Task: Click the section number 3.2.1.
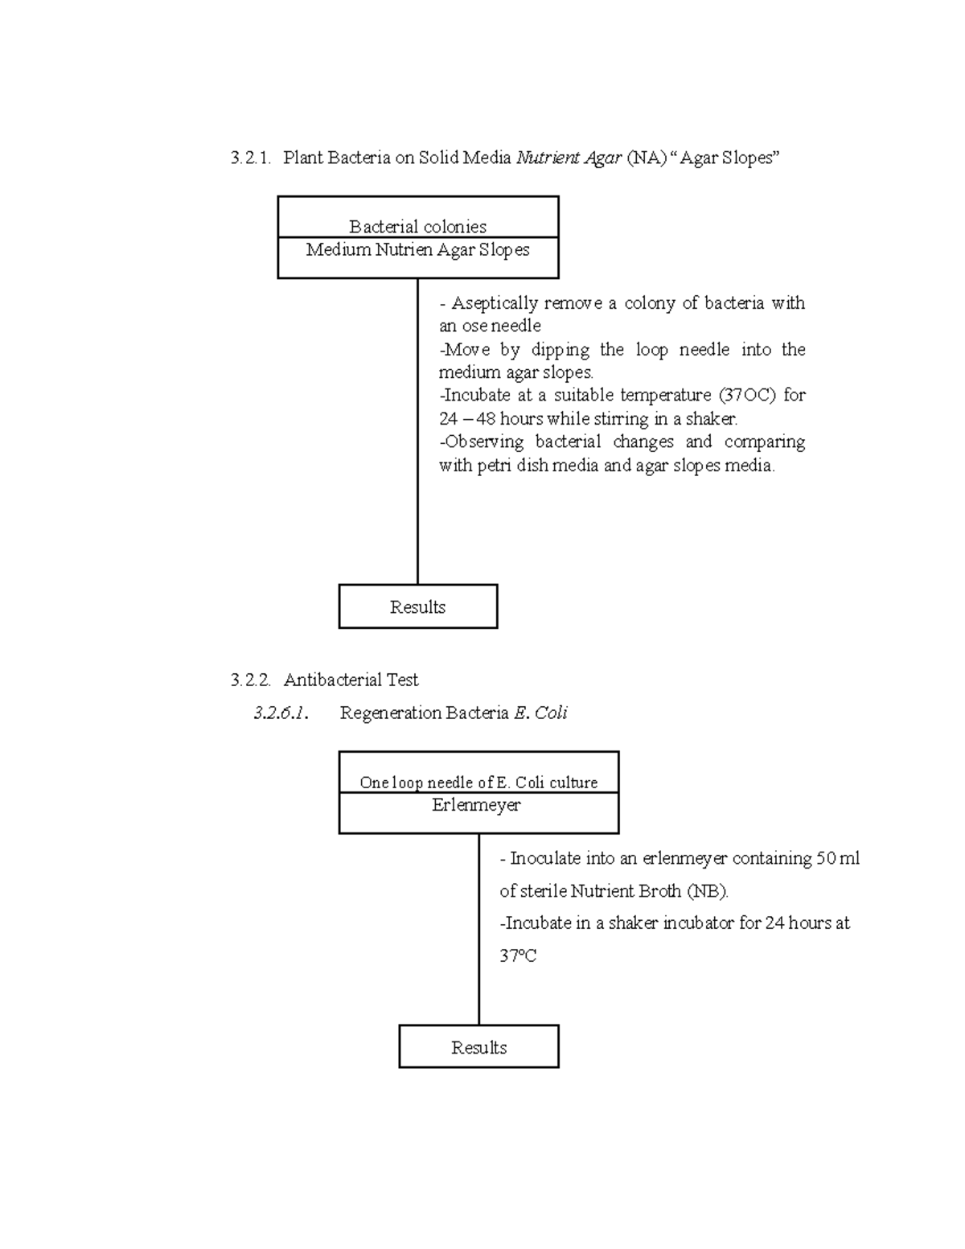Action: point(250,158)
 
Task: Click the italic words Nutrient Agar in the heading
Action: point(569,158)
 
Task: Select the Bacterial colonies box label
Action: point(417,227)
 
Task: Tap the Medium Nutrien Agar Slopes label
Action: point(417,250)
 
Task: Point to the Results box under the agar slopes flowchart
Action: point(417,607)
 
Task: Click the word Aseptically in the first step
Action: point(494,303)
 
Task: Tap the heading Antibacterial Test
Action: point(351,680)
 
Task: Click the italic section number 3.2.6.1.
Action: point(281,713)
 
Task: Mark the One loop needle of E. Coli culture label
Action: point(478,783)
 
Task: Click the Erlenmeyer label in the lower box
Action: point(477,805)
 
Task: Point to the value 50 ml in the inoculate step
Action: point(838,859)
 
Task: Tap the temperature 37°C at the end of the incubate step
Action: point(518,956)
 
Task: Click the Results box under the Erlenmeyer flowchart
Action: point(478,1047)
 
